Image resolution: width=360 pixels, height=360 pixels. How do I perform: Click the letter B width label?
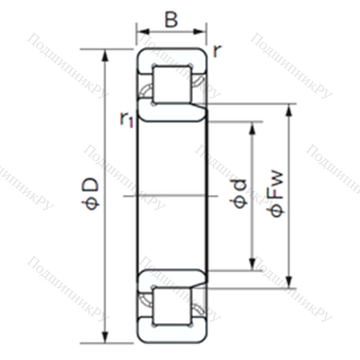171,19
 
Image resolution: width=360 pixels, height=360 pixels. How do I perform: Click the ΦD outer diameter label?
91,194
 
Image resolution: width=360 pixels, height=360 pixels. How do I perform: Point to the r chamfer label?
217,51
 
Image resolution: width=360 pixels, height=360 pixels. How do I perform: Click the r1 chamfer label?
126,120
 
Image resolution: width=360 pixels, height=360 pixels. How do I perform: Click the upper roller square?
172,85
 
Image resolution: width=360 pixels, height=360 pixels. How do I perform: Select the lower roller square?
172,307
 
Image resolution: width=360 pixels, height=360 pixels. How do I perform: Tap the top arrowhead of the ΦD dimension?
105,56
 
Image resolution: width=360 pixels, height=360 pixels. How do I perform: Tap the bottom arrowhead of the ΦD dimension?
105,337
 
